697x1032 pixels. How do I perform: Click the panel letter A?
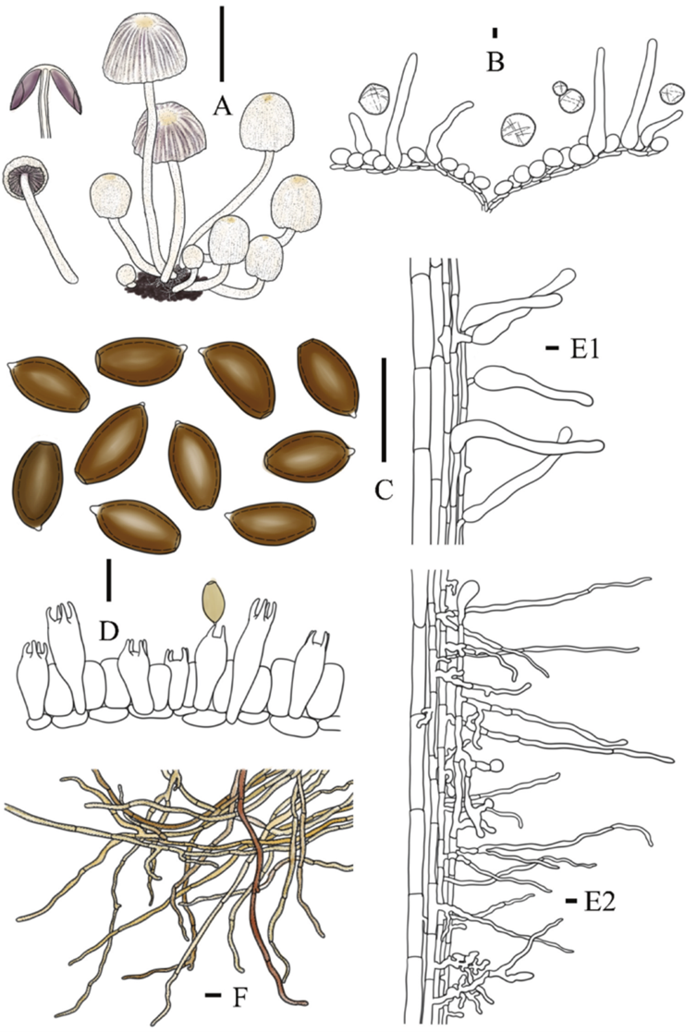pyautogui.click(x=221, y=107)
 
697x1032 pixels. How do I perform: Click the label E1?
pyautogui.click(x=584, y=348)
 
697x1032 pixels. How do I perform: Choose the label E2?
pyautogui.click(x=596, y=899)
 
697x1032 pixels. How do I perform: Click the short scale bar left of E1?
pyautogui.click(x=552, y=348)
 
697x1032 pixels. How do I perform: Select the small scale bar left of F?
pyautogui.click(x=213, y=995)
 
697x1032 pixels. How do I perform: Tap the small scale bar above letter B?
pyautogui.click(x=495, y=33)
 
